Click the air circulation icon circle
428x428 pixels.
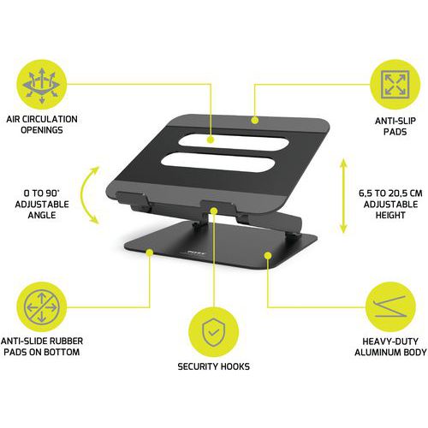(42, 85)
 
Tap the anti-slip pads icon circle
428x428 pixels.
(395, 85)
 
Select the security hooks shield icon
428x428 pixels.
(214, 332)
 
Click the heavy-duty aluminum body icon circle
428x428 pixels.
(390, 307)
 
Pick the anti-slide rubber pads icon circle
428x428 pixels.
(42, 307)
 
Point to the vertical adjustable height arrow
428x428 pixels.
(343, 196)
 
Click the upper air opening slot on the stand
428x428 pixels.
(233, 141)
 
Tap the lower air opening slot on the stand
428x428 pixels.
(218, 162)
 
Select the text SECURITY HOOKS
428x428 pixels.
(213, 366)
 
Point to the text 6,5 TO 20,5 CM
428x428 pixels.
(390, 193)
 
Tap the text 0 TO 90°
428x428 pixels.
(42, 193)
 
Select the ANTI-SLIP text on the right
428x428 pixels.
(395, 121)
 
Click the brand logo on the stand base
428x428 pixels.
(196, 253)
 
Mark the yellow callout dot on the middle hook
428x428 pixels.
(214, 211)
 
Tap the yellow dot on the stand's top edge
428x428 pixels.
(255, 120)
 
